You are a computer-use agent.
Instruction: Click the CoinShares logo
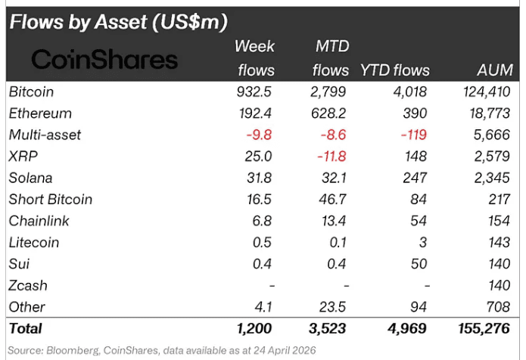pos(104,60)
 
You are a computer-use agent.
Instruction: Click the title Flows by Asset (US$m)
pos(117,22)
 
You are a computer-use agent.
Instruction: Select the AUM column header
pos(496,70)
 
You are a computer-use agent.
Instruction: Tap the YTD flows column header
pos(394,70)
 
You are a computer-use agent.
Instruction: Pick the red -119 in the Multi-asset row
pos(412,135)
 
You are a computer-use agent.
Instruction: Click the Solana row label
pos(32,178)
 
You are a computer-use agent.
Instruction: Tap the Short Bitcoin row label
pos(50,200)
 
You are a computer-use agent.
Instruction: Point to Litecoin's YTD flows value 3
pos(422,243)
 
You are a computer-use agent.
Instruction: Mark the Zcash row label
pos(28,285)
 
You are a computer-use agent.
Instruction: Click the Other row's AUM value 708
pos(500,307)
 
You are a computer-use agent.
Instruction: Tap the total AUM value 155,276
pos(485,329)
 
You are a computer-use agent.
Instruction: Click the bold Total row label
pos(26,329)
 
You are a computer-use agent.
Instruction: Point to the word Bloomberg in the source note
pos(77,350)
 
